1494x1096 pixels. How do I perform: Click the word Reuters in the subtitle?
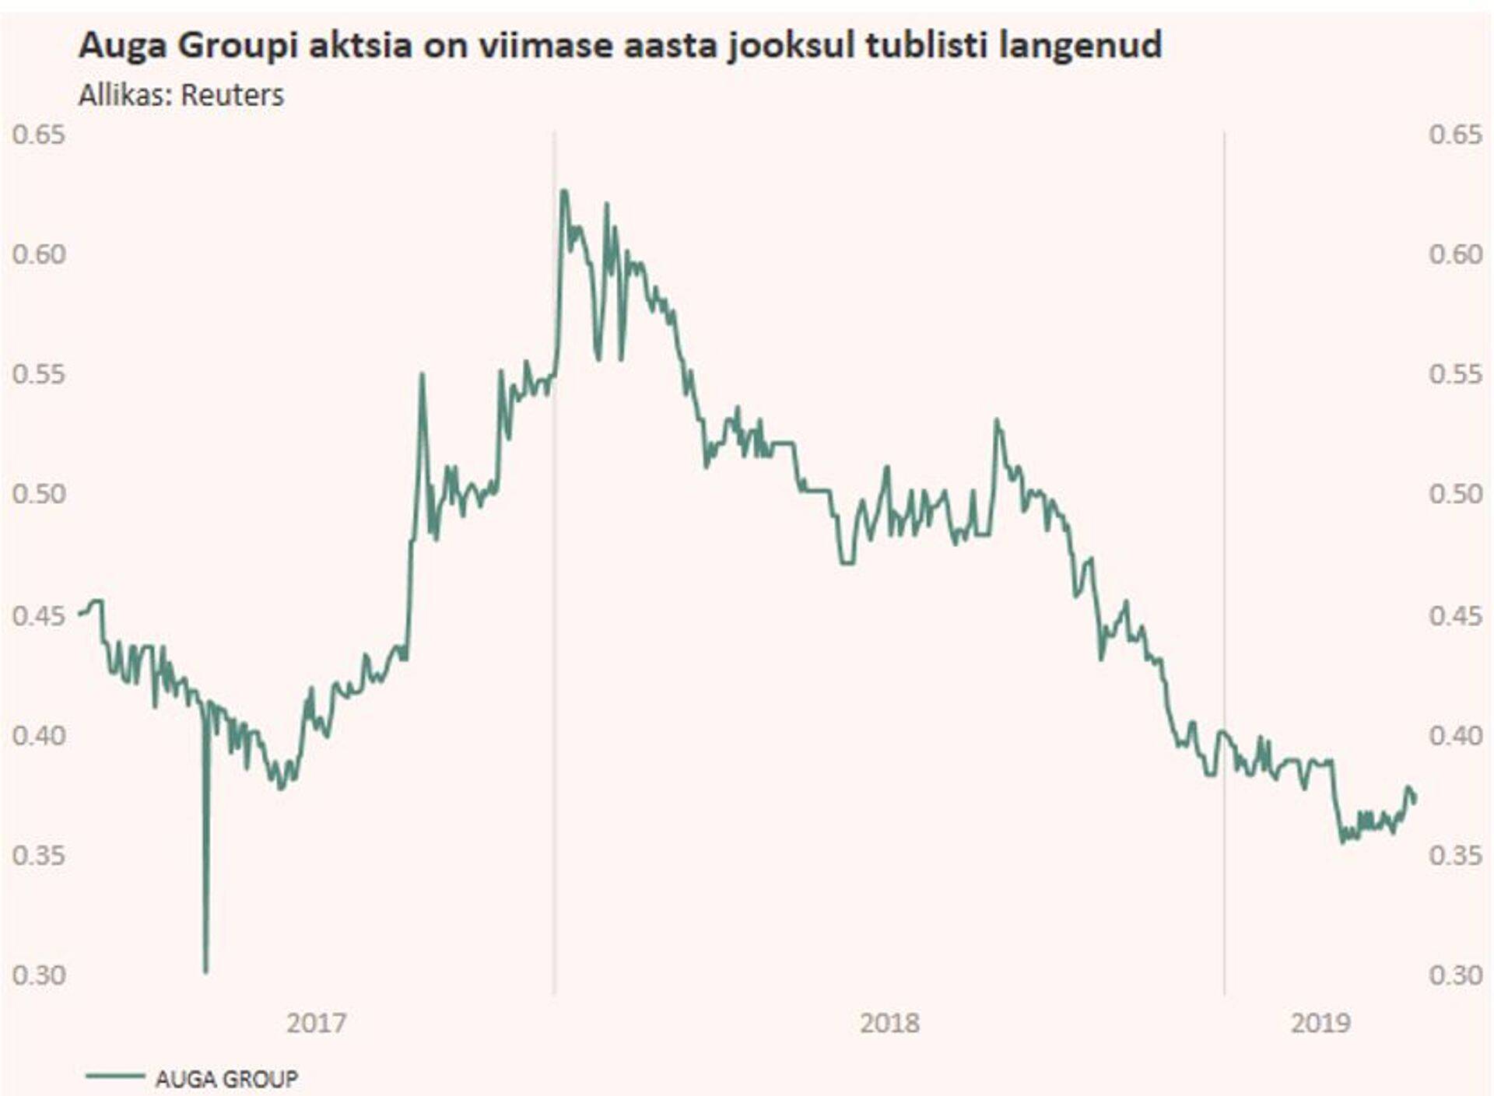232,95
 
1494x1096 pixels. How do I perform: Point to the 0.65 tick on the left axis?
39,135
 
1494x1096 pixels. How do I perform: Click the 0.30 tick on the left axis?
39,974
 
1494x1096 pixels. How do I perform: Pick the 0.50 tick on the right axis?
1455,493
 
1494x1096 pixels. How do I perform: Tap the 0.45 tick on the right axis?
1455,615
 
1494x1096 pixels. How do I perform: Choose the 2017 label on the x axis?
316,1022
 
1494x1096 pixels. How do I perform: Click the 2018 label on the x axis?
889,1022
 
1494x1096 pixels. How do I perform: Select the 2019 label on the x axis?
1320,1022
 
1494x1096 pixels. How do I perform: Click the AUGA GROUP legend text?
226,1079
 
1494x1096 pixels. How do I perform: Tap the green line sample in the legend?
114,1077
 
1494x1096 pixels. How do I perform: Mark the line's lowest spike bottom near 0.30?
205,971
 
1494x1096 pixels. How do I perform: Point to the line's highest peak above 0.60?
563,191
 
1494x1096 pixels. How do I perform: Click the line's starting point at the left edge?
80,615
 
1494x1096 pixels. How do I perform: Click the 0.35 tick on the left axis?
39,855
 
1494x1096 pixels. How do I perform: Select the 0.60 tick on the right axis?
1455,254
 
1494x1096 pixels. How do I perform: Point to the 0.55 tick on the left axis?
39,374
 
